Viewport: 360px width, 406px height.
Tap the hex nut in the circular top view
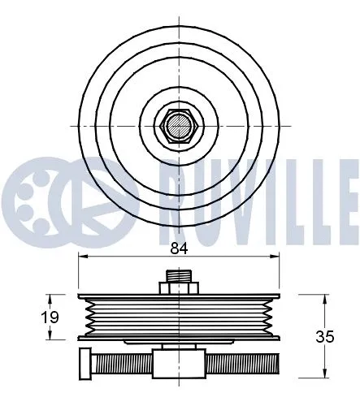coord(179,126)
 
